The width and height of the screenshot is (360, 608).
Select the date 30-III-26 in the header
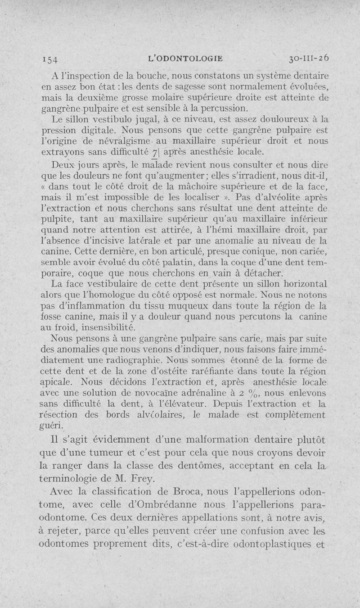pos(309,57)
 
